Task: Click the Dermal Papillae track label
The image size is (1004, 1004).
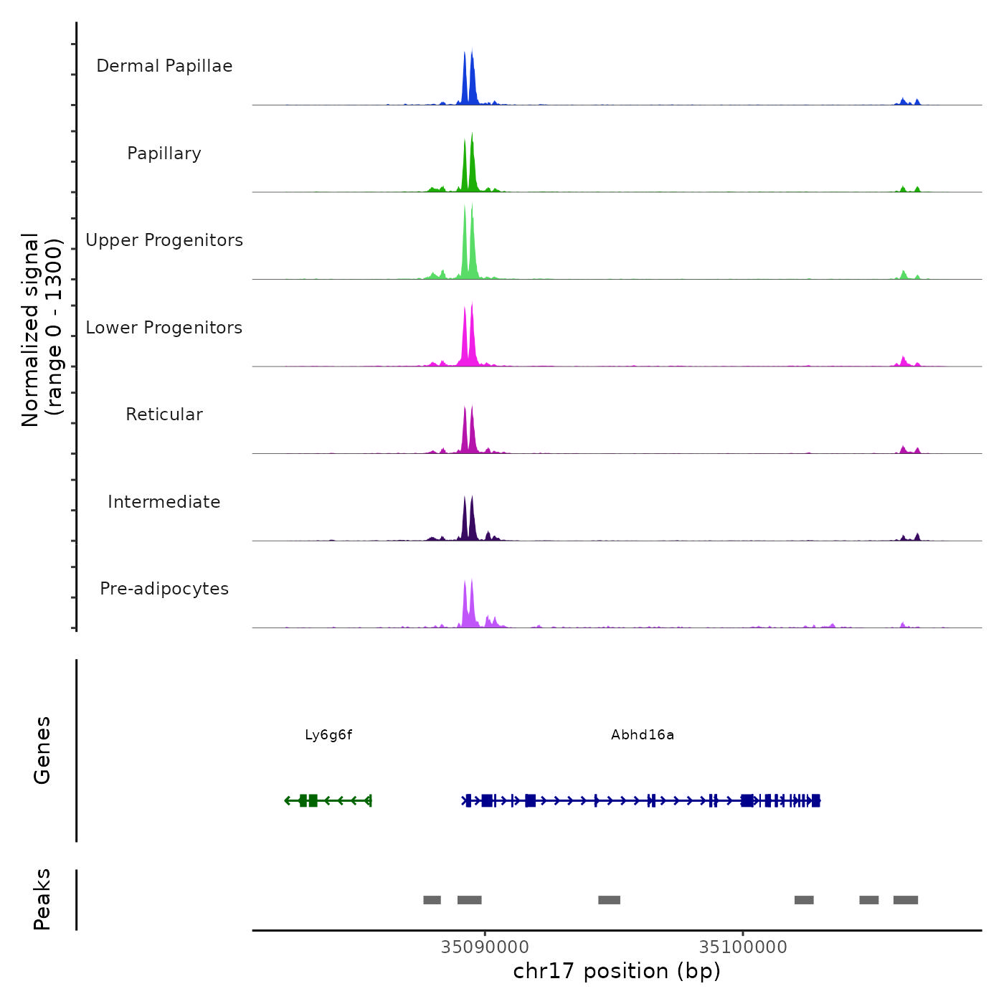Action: click(x=164, y=66)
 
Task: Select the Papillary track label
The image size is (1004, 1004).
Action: click(x=164, y=153)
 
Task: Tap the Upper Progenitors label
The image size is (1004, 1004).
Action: click(x=164, y=240)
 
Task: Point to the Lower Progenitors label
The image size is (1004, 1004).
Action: click(x=164, y=328)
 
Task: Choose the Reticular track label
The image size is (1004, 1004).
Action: click(x=164, y=415)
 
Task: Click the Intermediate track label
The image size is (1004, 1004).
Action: click(x=164, y=502)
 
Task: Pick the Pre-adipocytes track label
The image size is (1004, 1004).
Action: click(x=164, y=589)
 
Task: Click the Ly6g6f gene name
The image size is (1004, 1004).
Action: click(x=328, y=735)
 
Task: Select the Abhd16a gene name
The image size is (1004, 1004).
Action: click(x=643, y=735)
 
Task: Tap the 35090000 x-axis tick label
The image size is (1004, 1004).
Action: click(x=485, y=947)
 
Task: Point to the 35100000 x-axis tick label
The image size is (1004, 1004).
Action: click(x=743, y=947)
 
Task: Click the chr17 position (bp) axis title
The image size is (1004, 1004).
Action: click(x=617, y=972)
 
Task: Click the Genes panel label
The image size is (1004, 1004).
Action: click(x=42, y=750)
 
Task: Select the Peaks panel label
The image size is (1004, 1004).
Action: click(x=42, y=899)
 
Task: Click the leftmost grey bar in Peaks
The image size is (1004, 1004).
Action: click(x=432, y=900)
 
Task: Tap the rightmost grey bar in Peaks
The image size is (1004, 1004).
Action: click(x=906, y=900)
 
